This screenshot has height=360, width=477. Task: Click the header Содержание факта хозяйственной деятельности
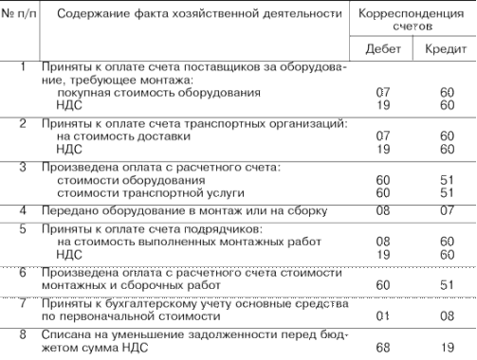point(191,13)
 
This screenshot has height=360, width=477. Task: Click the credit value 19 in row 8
point(443,346)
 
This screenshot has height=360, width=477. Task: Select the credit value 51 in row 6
point(443,281)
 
